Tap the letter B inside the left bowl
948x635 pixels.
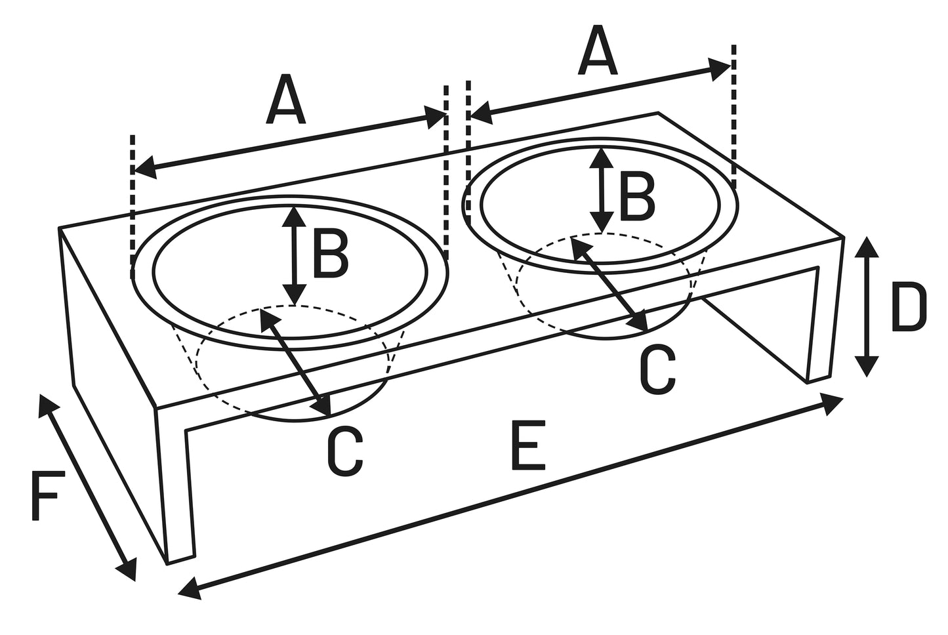click(329, 255)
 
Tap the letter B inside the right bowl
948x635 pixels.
click(636, 197)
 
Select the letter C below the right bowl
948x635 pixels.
click(657, 371)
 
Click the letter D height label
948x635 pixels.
click(908, 306)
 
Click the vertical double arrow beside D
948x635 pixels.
click(867, 306)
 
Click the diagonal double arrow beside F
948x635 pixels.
click(87, 487)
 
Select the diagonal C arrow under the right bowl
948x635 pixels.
click(609, 283)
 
